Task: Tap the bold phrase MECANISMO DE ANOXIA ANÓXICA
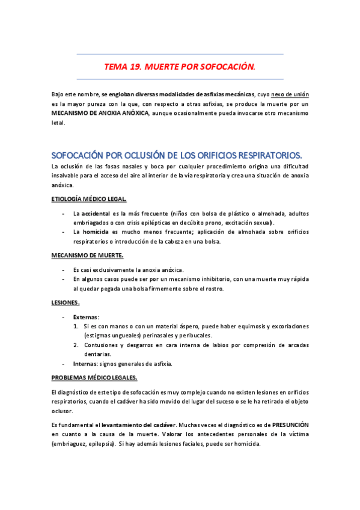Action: (x=100, y=113)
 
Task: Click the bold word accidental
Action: (x=96, y=214)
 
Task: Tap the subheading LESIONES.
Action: (x=66, y=303)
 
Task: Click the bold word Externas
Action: (x=87, y=316)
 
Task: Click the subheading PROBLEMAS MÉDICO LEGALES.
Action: (x=94, y=378)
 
